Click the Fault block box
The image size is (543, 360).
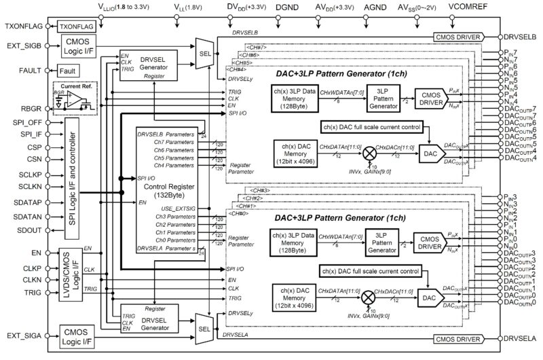click(69, 71)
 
